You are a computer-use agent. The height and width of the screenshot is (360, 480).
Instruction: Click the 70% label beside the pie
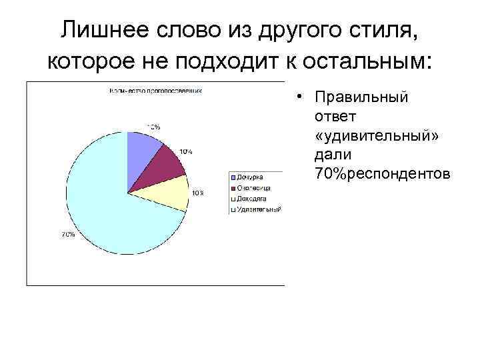point(68,235)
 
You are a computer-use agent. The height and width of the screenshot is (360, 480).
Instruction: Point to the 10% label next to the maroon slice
point(186,152)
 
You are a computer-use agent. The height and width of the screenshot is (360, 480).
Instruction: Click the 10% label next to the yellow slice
point(198,193)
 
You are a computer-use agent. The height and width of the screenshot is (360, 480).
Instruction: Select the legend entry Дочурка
point(249,177)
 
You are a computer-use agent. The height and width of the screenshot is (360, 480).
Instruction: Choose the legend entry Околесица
point(253,188)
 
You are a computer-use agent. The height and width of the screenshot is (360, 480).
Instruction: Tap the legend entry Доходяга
point(252,199)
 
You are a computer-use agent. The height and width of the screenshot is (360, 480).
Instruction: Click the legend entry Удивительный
point(257,209)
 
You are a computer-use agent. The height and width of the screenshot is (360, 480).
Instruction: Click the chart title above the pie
point(156,89)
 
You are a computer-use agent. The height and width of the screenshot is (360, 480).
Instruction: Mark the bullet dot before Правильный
point(302,97)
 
